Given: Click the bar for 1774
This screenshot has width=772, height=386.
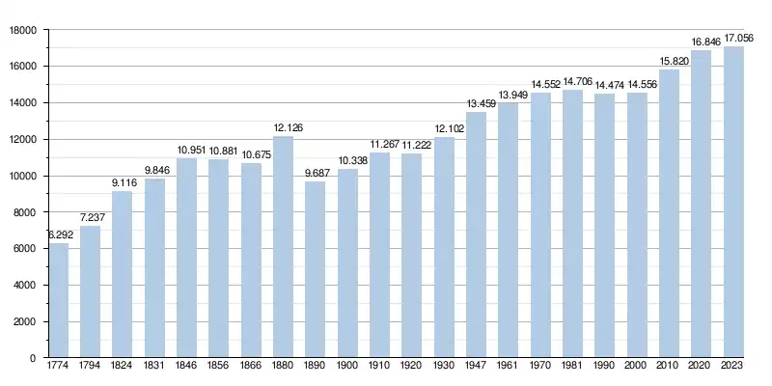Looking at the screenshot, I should pos(58,300).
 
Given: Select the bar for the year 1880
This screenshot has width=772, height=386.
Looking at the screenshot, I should pos(283,247).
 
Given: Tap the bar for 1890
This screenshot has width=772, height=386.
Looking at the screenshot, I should pos(316,269).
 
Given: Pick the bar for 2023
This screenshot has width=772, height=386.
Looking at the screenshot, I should pos(733,202).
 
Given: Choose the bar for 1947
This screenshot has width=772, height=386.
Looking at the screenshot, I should pos(476,234).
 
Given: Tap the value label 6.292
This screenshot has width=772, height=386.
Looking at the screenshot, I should pos(58,235).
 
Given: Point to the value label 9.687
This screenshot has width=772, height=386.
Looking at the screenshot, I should pos(316,174).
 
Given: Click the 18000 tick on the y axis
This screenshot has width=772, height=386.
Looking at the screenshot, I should pos(22,30).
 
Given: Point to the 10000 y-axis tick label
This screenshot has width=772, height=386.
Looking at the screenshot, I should pos(22,176).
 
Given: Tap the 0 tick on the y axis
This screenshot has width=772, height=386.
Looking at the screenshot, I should pos(34,358).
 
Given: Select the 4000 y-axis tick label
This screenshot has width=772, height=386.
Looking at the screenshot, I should pos(25,286).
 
